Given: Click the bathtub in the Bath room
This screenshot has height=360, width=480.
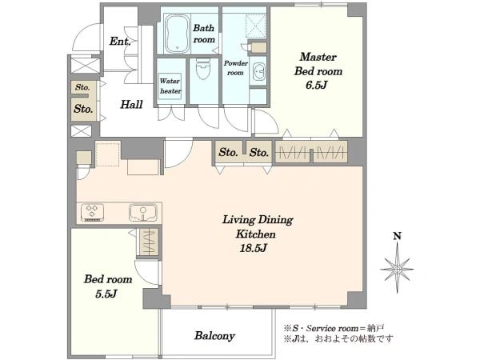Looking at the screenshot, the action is click(x=176, y=34).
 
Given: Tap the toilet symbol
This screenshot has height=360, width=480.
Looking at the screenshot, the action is click(x=203, y=69).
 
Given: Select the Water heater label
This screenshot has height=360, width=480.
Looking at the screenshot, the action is click(x=170, y=86).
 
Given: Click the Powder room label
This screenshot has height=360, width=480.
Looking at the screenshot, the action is click(x=235, y=68).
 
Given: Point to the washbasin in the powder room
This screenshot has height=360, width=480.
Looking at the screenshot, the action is click(x=259, y=72).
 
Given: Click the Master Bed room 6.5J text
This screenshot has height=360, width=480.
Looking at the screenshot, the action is click(x=318, y=70).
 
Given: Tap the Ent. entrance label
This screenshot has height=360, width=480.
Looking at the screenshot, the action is click(x=120, y=41).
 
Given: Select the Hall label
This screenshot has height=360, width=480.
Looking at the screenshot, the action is click(x=131, y=104).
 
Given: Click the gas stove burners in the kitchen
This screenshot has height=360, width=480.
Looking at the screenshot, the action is click(x=92, y=212).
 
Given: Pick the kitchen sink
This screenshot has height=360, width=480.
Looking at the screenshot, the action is click(x=143, y=213).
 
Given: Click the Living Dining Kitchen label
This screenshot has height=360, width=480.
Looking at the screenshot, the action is click(x=258, y=227).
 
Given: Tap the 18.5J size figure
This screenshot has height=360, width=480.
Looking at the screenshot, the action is click(x=254, y=248).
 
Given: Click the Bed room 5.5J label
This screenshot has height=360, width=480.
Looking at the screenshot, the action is click(x=107, y=286).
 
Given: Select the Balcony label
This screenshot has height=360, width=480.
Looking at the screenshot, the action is click(x=214, y=336).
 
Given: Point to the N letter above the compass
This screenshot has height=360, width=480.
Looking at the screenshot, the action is click(x=397, y=236).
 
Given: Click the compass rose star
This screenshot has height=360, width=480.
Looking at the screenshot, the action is click(x=397, y=268).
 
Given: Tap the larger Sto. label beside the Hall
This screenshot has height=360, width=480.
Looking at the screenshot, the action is click(x=83, y=109).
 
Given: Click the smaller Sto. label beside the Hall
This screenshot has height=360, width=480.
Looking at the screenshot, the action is click(x=82, y=87).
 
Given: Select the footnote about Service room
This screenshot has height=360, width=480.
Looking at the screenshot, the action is click(x=334, y=329).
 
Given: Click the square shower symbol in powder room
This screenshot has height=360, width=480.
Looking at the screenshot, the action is click(x=256, y=26).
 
